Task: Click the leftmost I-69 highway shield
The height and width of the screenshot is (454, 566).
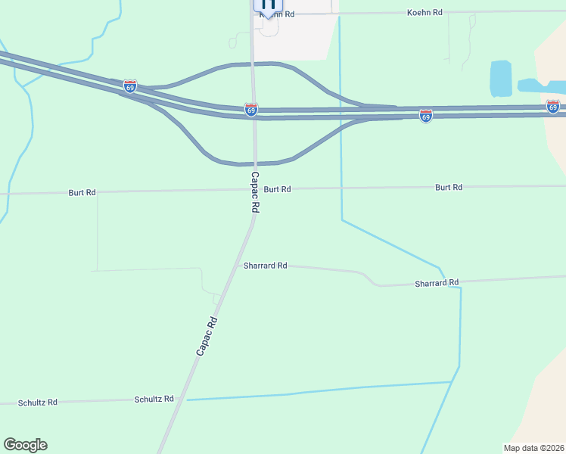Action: pyautogui.click(x=130, y=86)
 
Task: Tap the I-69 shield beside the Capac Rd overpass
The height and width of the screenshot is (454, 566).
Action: pyautogui.click(x=251, y=110)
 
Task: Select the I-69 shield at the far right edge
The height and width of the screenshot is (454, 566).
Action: pyautogui.click(x=553, y=106)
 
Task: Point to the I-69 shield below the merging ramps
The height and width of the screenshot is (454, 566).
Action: pyautogui.click(x=426, y=116)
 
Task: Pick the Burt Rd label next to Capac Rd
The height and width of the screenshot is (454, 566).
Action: pyautogui.click(x=277, y=189)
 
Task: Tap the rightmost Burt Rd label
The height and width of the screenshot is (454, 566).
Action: pyautogui.click(x=449, y=187)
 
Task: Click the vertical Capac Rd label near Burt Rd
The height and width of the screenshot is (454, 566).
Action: pyautogui.click(x=255, y=192)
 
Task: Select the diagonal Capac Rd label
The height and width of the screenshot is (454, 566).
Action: pyautogui.click(x=207, y=336)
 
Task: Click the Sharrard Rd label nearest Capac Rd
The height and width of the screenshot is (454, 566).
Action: pyautogui.click(x=265, y=266)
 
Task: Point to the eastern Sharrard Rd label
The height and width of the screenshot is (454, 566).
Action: pyautogui.click(x=437, y=283)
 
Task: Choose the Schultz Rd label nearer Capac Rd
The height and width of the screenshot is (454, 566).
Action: pyautogui.click(x=154, y=399)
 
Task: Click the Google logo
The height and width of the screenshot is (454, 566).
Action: pyautogui.click(x=25, y=445)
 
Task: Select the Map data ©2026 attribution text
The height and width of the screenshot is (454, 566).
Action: pyautogui.click(x=534, y=447)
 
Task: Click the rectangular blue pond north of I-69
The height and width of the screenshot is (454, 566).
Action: pyautogui.click(x=501, y=79)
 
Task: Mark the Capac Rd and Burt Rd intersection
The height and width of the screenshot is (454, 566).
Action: pyautogui.click(x=255, y=189)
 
